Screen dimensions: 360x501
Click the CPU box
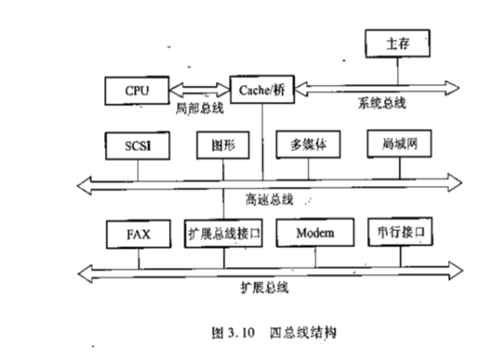[x=136, y=91]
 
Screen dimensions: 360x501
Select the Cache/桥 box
[x=263, y=90]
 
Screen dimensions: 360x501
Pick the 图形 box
[x=224, y=144]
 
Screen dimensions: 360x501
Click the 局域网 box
[x=398, y=143]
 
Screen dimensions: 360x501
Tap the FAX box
[x=140, y=233]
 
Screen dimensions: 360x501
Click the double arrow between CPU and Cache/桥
[x=199, y=91]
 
